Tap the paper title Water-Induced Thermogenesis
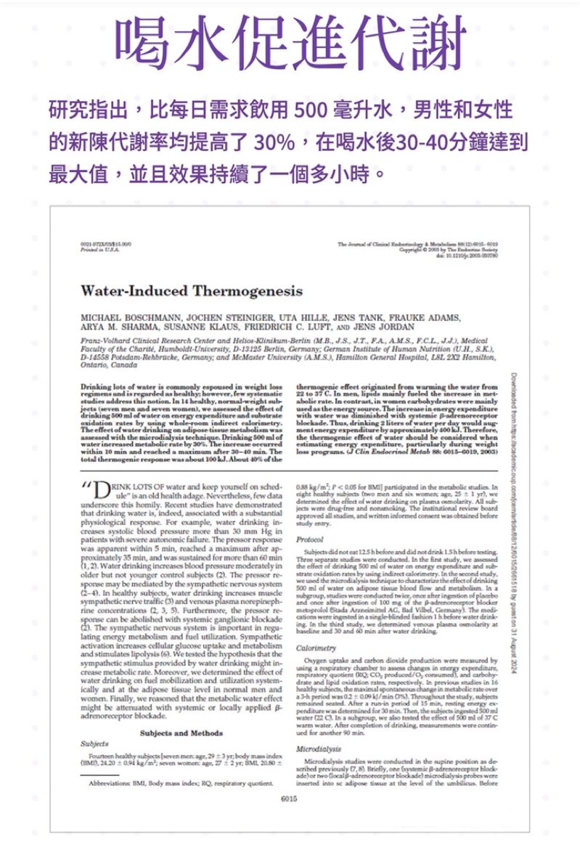pos(192,291)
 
